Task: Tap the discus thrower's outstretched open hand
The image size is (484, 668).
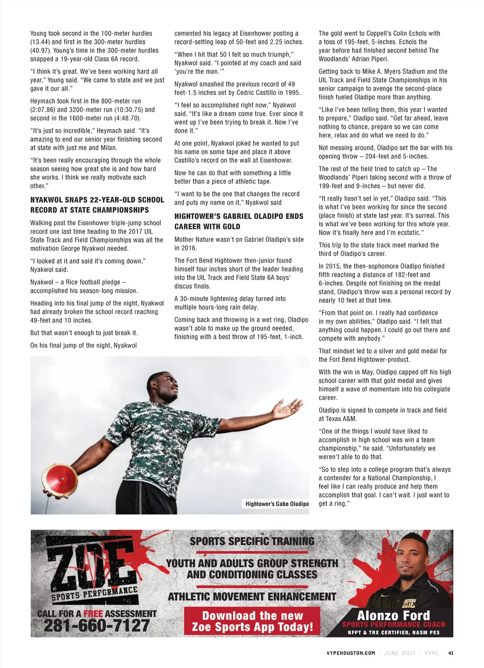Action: click(287, 408)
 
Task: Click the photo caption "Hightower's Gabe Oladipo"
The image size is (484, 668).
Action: click(277, 504)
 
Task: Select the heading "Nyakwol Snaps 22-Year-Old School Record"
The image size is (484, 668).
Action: click(97, 205)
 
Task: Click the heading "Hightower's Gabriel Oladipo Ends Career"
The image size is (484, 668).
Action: click(239, 221)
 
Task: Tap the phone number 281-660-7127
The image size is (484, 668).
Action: click(96, 626)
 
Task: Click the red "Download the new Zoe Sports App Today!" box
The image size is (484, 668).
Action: click(252, 621)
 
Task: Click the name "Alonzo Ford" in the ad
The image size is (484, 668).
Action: click(393, 615)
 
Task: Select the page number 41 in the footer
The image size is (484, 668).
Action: click(451, 653)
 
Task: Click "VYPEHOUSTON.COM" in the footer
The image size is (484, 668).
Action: click(351, 653)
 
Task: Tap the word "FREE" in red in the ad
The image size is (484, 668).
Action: click(93, 614)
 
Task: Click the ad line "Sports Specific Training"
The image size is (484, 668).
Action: click(252, 541)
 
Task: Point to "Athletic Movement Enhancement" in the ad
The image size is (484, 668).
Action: click(252, 597)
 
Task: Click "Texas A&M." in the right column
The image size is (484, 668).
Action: click(340, 419)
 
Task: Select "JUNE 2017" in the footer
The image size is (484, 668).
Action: click(399, 653)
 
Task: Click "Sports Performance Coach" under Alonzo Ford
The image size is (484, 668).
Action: click(393, 625)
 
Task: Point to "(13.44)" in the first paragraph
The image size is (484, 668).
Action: click(41, 42)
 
